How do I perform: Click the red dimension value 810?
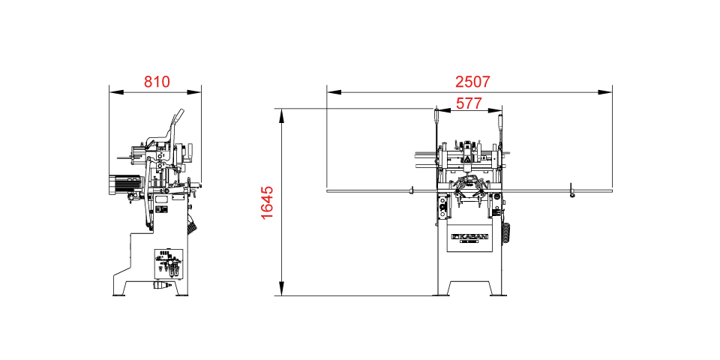(x=157, y=82)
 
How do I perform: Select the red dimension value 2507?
(x=473, y=82)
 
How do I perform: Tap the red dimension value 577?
(x=469, y=103)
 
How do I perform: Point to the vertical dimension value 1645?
(x=267, y=202)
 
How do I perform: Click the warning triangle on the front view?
(x=465, y=159)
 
